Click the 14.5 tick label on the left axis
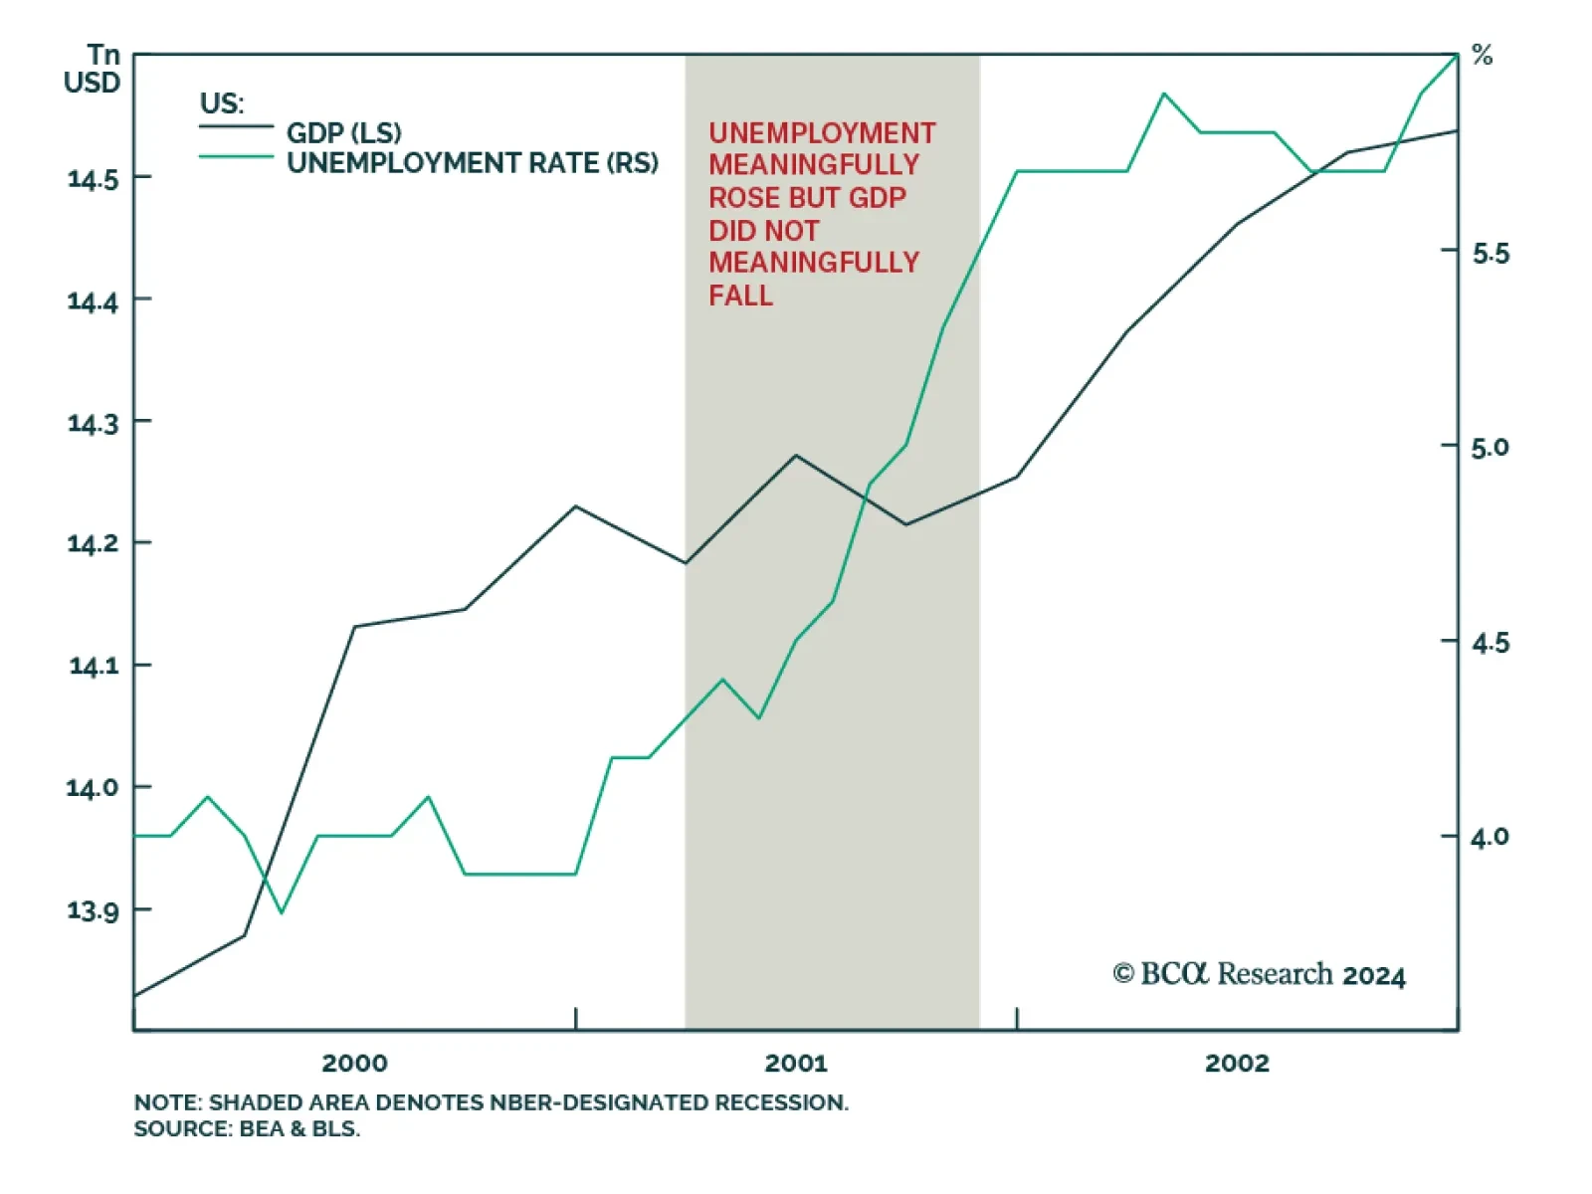[x=93, y=179]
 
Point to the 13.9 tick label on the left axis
[x=93, y=910]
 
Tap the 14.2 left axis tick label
[x=93, y=544]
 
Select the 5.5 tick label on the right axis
[x=1491, y=254]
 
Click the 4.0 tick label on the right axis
[x=1491, y=838]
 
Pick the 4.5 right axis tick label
[x=1491, y=644]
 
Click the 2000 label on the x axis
[x=354, y=1064]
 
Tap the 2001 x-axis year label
[x=796, y=1064]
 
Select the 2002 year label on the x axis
[x=1237, y=1064]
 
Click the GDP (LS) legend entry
[x=343, y=132]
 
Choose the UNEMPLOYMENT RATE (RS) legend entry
[x=473, y=162]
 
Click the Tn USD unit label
[x=93, y=69]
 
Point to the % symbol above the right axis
[x=1483, y=56]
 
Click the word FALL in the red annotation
[x=740, y=296]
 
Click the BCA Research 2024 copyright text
[x=1259, y=974]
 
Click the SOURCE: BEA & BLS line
[x=247, y=1129]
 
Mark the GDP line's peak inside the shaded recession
[x=795, y=456]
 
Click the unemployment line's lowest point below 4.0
[x=282, y=912]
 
